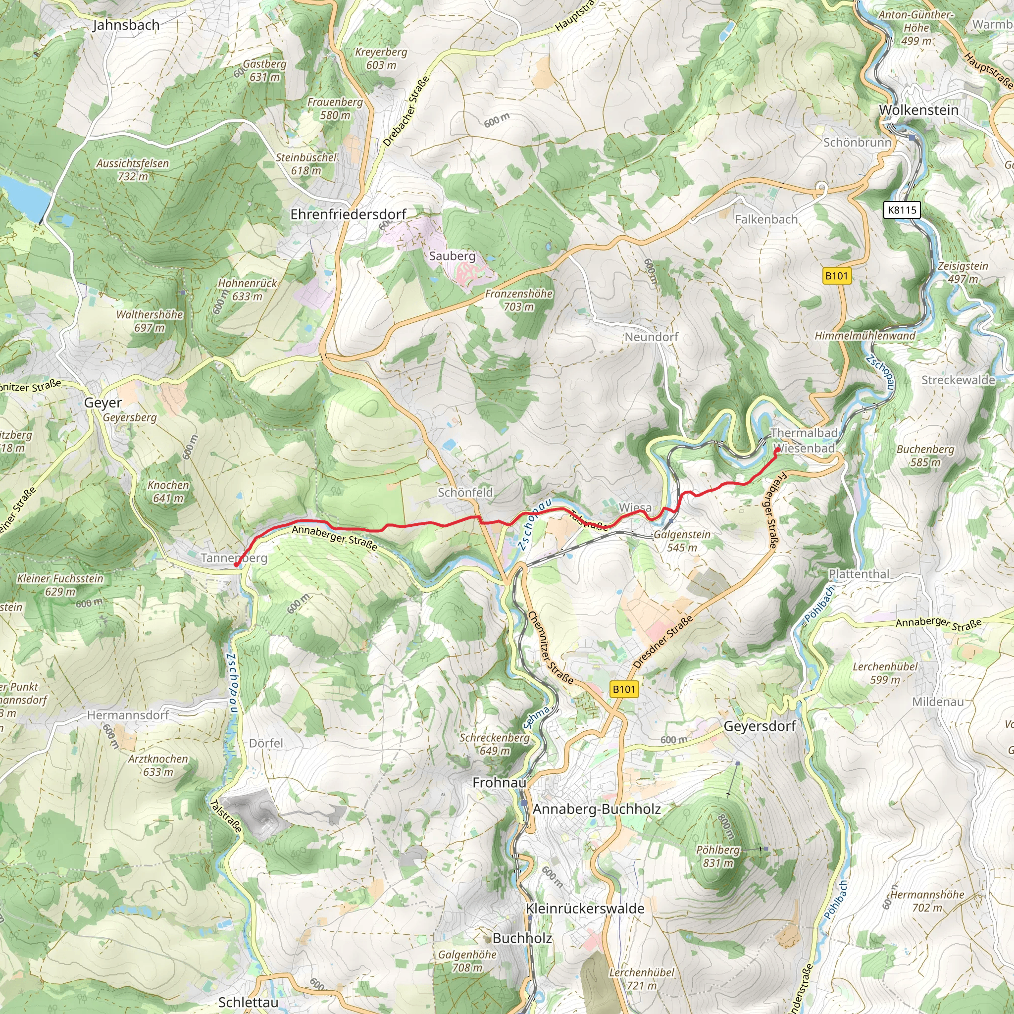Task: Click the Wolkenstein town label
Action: pos(918,110)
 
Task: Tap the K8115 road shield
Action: pos(902,210)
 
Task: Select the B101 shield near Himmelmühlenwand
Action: pos(837,276)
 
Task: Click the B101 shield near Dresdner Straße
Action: pos(624,689)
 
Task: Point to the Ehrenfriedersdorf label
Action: pos(348,214)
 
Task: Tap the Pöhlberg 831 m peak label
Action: pos(717,856)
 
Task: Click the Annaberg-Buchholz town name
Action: pos(596,809)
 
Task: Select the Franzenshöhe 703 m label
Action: pos(518,300)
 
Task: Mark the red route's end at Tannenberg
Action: pos(236,565)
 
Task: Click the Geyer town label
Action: pos(103,403)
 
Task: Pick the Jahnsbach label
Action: pos(126,25)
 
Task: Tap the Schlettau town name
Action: pos(248,1002)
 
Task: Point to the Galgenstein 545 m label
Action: pos(681,541)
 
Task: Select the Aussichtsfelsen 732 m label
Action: pos(132,170)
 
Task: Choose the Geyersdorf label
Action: pos(760,726)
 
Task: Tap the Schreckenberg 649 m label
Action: pos(495,744)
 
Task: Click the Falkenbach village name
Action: pos(766,219)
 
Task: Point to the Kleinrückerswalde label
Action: pos(585,909)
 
